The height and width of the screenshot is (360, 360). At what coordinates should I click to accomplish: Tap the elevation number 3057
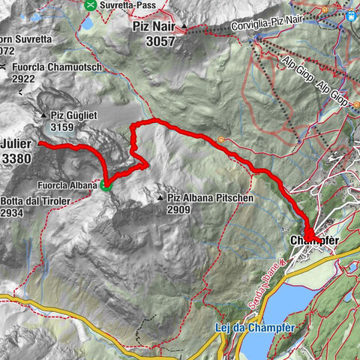(x=154, y=41)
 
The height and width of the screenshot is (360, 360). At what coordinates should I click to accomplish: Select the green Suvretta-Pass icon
(x=91, y=4)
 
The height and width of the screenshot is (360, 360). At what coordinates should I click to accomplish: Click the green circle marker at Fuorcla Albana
(x=106, y=186)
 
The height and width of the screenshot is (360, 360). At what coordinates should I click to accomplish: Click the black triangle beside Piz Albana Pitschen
(x=161, y=198)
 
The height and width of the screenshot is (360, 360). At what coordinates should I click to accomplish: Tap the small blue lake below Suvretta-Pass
(x=88, y=23)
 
